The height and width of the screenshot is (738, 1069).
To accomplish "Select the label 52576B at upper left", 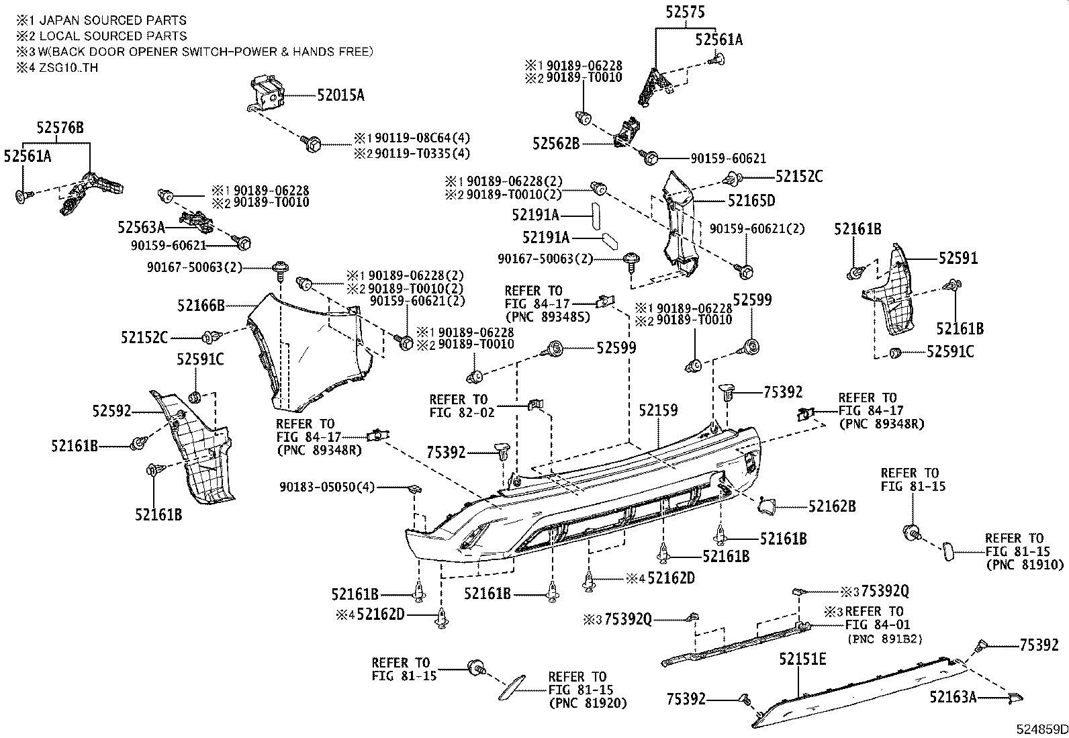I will (x=60, y=128).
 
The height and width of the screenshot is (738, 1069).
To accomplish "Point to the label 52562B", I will (x=556, y=143).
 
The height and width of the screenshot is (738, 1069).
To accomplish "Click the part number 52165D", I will (x=751, y=200).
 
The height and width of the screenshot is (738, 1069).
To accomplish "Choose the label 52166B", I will (x=201, y=306).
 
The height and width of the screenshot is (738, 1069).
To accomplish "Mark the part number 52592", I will (x=111, y=410).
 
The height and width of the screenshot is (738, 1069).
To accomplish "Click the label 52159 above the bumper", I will (x=658, y=410).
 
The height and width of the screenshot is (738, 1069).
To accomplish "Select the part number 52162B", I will (x=832, y=506).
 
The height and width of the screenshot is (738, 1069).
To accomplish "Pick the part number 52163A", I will (x=953, y=697).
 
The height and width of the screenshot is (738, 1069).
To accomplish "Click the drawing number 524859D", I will (x=1040, y=729).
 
